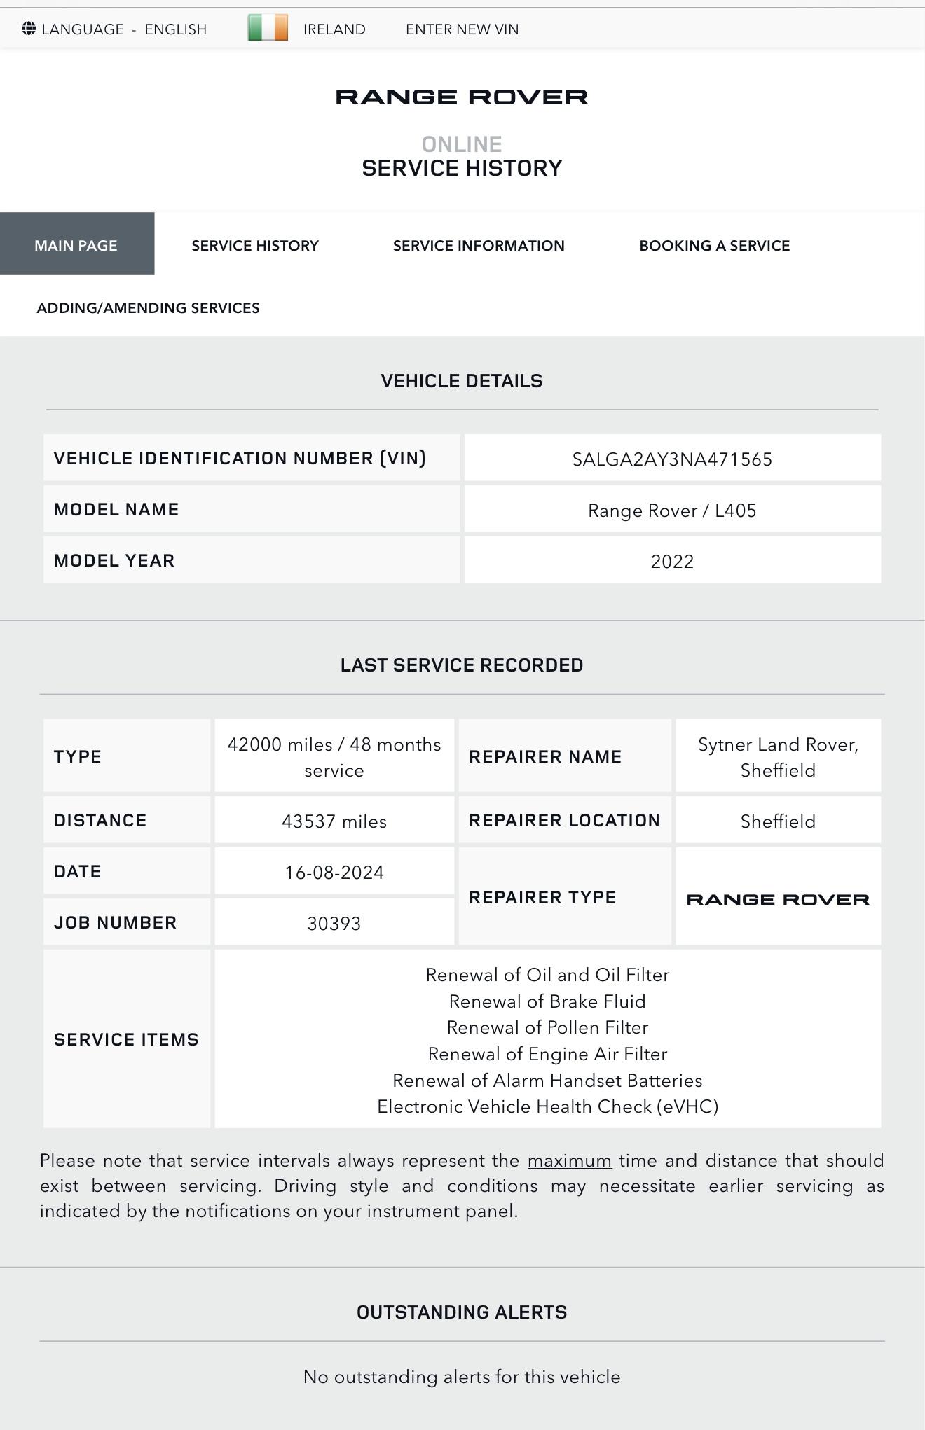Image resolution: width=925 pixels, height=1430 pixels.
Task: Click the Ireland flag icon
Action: [x=268, y=28]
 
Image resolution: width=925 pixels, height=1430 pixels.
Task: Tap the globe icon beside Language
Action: [x=29, y=29]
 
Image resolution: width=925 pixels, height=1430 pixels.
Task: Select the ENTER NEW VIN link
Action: [x=462, y=29]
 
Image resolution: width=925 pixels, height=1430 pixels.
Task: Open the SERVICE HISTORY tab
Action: [x=255, y=246]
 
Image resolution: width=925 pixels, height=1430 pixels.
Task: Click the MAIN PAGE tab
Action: [x=76, y=246]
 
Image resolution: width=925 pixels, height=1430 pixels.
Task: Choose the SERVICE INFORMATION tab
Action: [x=479, y=246]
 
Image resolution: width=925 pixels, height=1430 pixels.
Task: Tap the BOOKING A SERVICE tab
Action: [x=714, y=246]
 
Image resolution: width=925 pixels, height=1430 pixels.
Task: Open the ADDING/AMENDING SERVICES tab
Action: [x=148, y=308]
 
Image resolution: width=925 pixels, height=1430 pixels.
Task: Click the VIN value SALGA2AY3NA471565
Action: [x=672, y=459]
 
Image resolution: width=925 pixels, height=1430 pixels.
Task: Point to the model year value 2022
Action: [x=672, y=562]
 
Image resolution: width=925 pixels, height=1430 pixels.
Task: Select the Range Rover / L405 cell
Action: [x=672, y=511]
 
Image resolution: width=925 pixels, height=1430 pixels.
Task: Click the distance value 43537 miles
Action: [x=334, y=821]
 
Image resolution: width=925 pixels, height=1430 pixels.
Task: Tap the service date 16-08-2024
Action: [x=334, y=873]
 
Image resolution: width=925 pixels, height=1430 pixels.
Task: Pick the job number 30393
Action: [x=334, y=924]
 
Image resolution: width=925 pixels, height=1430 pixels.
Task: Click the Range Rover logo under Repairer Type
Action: [x=778, y=899]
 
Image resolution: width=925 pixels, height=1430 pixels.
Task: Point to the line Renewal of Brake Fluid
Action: [x=547, y=1001]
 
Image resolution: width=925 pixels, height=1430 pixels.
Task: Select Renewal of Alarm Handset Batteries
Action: [x=547, y=1081]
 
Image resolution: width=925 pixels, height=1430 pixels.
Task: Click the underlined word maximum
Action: [x=570, y=1161]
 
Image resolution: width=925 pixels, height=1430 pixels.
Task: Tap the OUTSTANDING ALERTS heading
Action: [x=462, y=1312]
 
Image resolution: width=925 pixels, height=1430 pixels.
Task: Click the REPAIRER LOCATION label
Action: [x=564, y=821]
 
